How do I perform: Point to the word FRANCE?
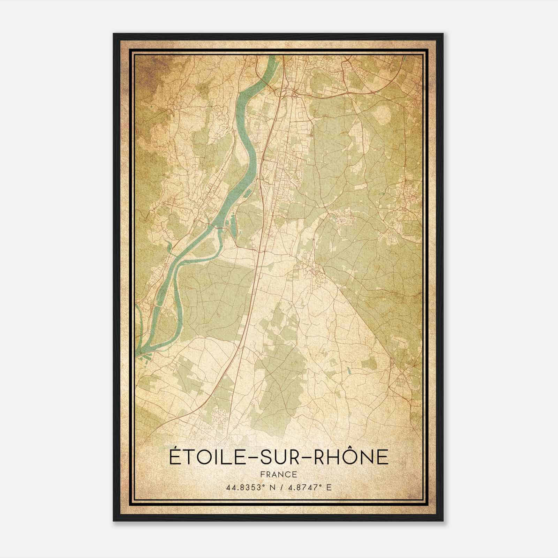click(279, 474)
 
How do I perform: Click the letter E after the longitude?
click(329, 488)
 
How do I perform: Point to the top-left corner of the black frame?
click(114, 34)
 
